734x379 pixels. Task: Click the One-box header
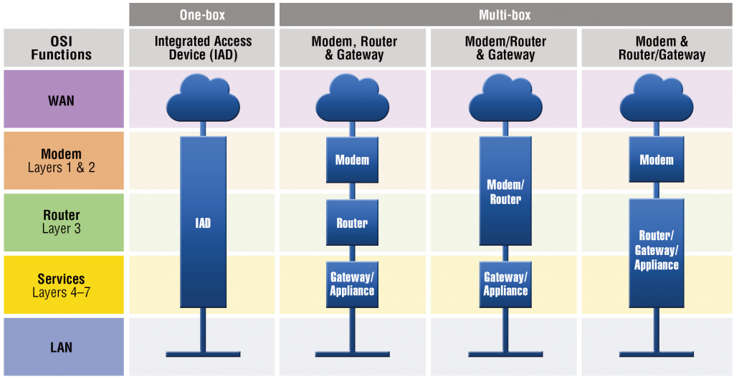coord(202,14)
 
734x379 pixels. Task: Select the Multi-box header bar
coord(505,14)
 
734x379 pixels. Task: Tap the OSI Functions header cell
coord(62,47)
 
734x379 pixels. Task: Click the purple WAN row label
coord(62,100)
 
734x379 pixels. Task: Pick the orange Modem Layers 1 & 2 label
coord(62,160)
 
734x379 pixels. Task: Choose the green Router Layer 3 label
coord(62,222)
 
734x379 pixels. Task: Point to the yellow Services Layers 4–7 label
coord(62,284)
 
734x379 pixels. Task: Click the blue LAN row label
coord(62,347)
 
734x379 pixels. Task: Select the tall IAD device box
coord(203,222)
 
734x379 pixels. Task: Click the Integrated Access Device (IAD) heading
coord(202,47)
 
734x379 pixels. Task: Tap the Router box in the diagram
coord(352,223)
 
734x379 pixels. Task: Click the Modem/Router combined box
coord(505,191)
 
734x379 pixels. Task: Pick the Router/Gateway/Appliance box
coord(656,252)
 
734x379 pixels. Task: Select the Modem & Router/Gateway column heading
coord(656,47)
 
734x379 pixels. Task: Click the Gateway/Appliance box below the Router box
coord(352,284)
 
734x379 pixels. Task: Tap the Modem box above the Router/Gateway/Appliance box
coord(656,160)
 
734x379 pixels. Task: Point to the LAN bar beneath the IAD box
coord(203,354)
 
